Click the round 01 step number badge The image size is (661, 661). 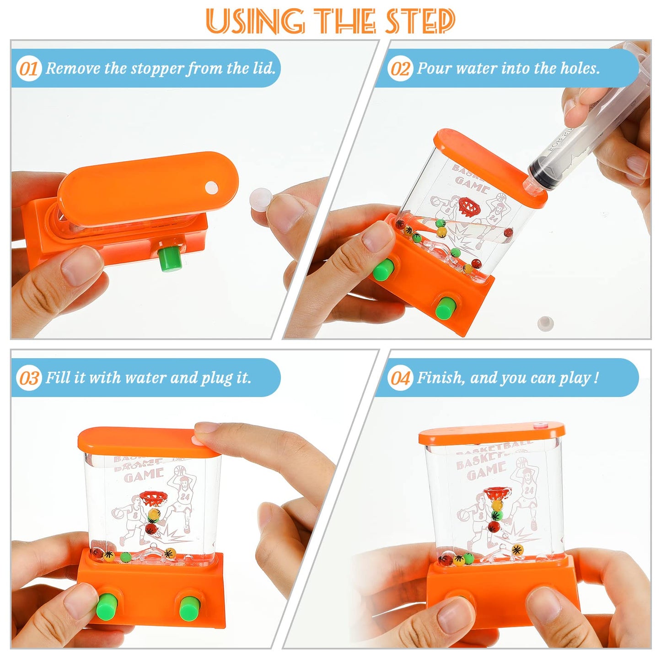click(x=28, y=69)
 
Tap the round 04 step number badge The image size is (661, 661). click(x=400, y=378)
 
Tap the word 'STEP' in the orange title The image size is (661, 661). click(x=419, y=21)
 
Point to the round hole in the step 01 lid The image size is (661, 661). click(x=211, y=187)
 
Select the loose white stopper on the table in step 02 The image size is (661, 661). click(x=545, y=323)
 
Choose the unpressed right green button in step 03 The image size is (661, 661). click(x=188, y=608)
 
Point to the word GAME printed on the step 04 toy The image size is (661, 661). click(x=486, y=470)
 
